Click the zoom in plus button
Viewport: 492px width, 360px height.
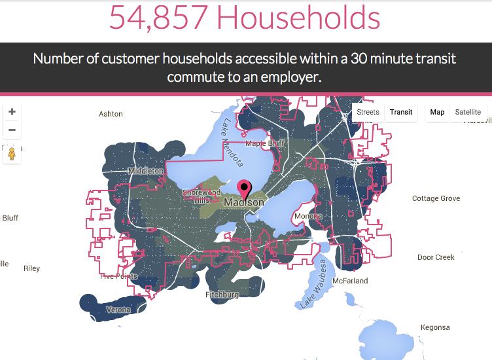[x=12, y=112]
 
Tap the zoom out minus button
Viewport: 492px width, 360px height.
[x=12, y=130]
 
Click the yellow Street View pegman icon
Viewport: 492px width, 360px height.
[x=12, y=154]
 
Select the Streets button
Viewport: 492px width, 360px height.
[x=368, y=112]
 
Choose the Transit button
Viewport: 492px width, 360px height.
[x=401, y=112]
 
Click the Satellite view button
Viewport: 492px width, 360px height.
[x=468, y=112]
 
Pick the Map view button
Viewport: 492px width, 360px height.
[x=437, y=112]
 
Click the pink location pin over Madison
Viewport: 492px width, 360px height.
[x=245, y=189]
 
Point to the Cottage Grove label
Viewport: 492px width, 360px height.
[x=436, y=198]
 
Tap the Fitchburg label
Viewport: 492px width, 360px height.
[x=222, y=295]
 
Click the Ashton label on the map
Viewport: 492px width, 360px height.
[x=111, y=114]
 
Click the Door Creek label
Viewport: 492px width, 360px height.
[x=436, y=257]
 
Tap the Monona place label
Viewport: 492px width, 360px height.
[x=307, y=216]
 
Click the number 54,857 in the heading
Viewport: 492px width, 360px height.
[x=159, y=18]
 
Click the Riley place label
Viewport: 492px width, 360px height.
[x=31, y=268]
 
